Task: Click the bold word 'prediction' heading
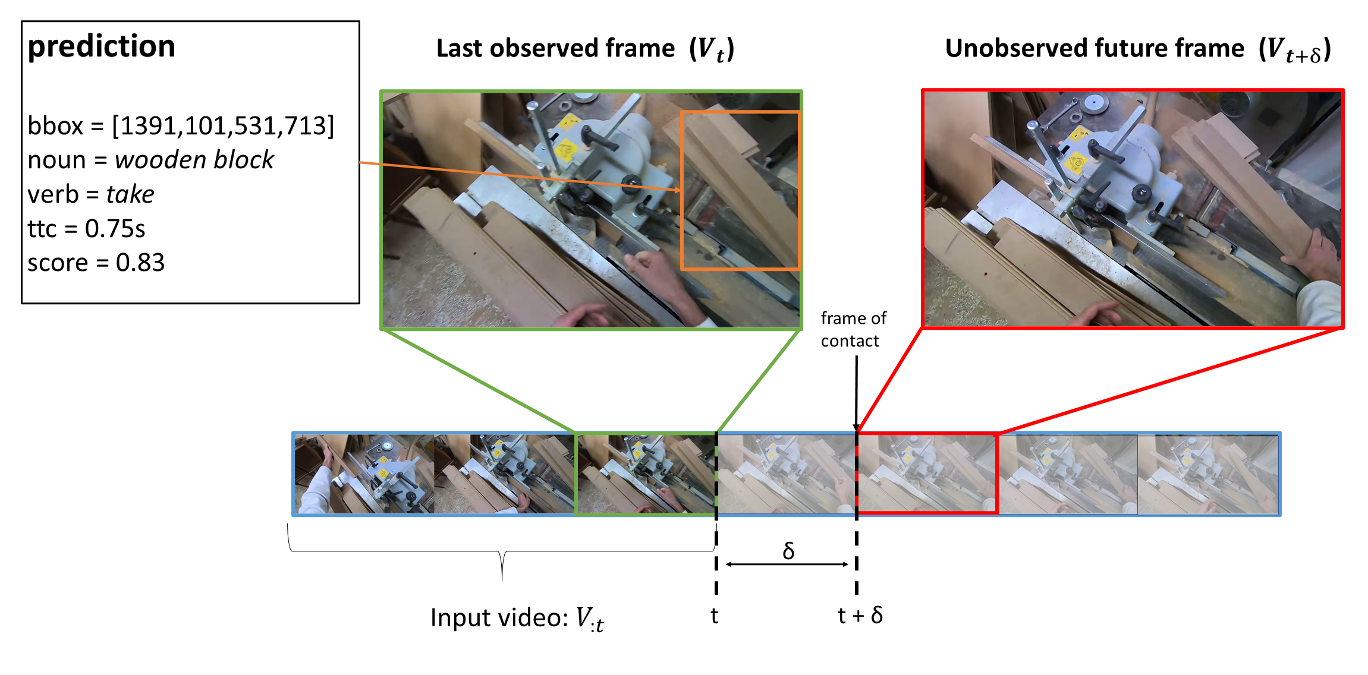[102, 46]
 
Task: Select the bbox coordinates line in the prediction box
[181, 126]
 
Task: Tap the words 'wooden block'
[194, 160]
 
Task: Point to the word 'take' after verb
[130, 194]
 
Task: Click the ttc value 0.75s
[115, 229]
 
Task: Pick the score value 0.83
[140, 263]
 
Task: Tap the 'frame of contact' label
[853, 330]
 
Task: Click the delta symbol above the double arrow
[788, 550]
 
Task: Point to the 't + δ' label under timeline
[860, 616]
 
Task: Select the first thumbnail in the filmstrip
[364, 474]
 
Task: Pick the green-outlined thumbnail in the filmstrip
[646, 474]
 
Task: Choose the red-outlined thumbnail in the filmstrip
[927, 474]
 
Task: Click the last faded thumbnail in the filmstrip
[1207, 474]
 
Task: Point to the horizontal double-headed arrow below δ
[787, 564]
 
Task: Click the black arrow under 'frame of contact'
[856, 392]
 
